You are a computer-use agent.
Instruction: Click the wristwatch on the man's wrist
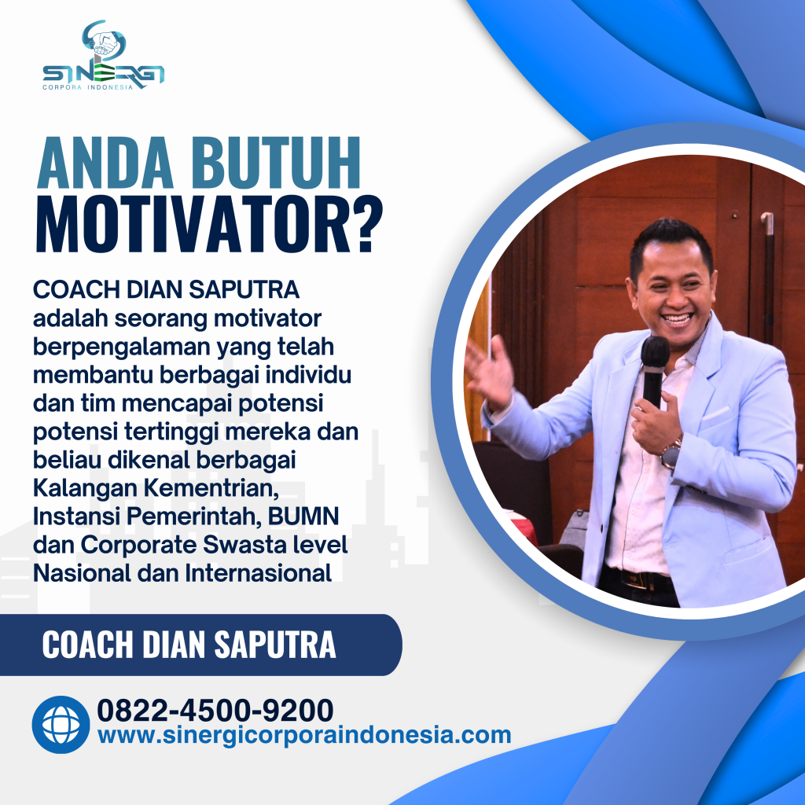point(671,454)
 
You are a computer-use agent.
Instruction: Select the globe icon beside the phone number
point(61,724)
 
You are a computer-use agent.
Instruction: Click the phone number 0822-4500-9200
point(215,710)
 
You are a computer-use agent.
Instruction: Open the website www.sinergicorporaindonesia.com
point(304,736)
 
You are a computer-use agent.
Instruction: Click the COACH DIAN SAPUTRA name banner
point(189,645)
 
